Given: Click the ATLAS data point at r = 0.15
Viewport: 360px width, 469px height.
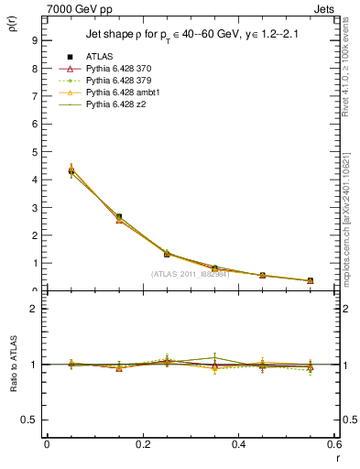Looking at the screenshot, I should (119, 217).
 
